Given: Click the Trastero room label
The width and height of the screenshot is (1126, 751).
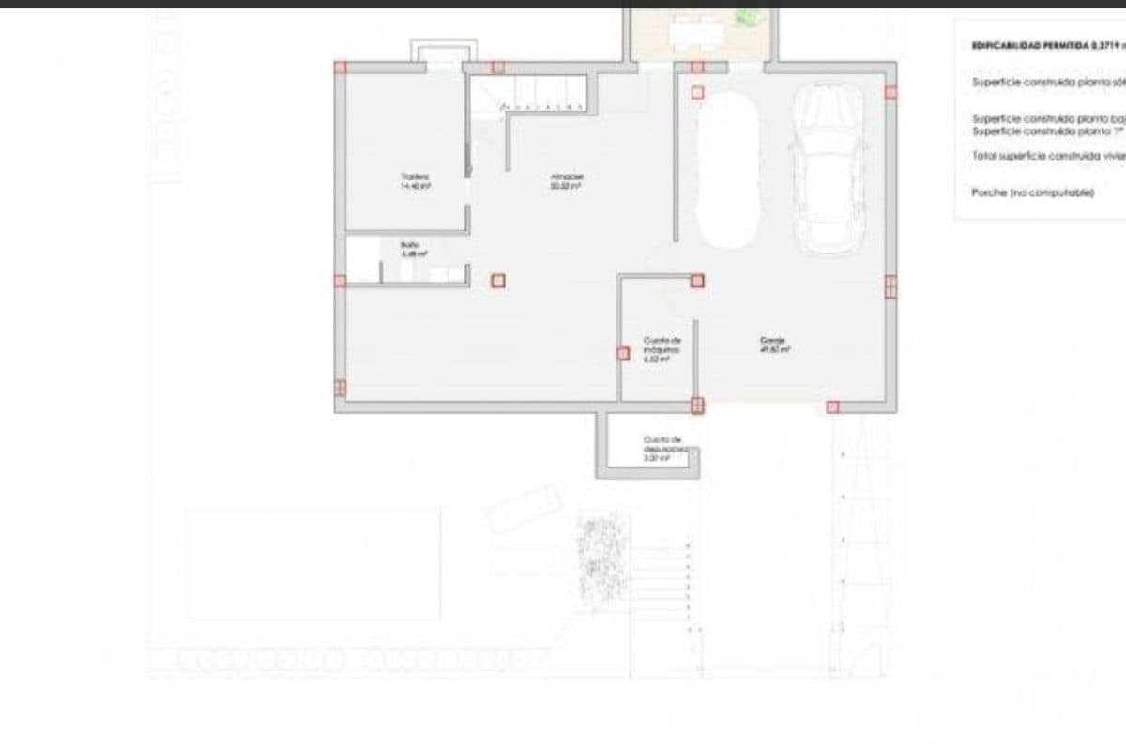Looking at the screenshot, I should coord(415,180).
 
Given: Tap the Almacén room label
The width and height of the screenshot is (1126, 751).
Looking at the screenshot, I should coord(566,180).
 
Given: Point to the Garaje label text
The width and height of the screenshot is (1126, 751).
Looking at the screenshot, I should coord(774,344).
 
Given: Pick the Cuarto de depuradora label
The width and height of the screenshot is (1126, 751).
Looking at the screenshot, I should coord(662,449).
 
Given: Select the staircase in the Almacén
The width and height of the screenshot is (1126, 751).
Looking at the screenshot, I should coord(529,94).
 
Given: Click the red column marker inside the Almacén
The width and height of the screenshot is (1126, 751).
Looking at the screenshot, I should coord(498,280).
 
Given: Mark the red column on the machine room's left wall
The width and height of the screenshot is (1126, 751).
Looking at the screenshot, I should coord(623,353).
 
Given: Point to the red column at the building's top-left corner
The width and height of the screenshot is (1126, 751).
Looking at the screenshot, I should coord(341,67).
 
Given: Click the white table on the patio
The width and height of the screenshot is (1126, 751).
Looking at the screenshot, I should coord(697,35).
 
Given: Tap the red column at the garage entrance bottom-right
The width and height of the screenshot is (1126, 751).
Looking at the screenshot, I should coord(832,406).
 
